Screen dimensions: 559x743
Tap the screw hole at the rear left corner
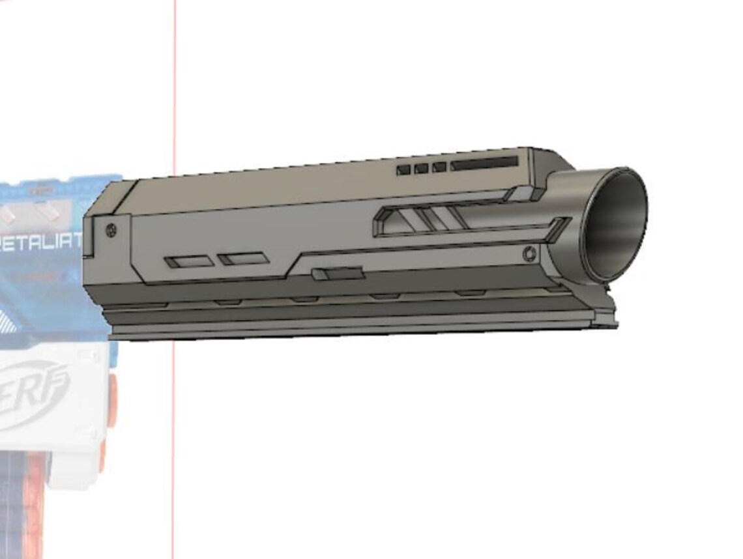point(111,229)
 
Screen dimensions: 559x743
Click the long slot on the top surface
point(484,163)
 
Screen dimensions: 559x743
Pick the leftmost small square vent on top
point(403,169)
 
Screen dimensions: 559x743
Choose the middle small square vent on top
point(421,168)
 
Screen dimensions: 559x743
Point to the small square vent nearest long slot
point(439,167)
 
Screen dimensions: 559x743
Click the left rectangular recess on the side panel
point(190,261)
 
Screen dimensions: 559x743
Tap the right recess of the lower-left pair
point(244,259)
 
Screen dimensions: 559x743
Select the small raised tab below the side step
point(337,274)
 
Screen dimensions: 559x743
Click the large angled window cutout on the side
point(417,220)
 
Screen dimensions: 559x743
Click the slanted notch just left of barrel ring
point(557,230)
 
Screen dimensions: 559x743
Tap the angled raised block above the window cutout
point(522,193)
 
